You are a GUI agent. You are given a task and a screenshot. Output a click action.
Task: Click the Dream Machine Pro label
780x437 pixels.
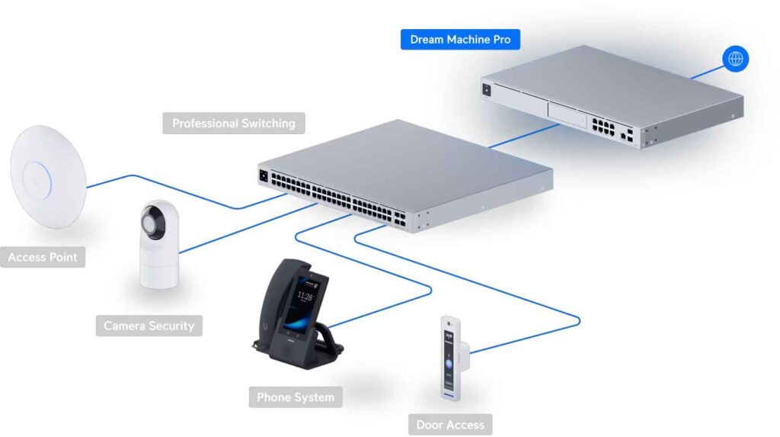[x=460, y=39]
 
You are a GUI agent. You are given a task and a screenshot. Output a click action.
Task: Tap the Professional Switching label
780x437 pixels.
[x=233, y=123]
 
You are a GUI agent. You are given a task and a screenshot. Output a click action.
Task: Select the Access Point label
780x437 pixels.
[x=43, y=257]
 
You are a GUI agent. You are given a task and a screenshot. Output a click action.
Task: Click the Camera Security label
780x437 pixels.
[x=149, y=326]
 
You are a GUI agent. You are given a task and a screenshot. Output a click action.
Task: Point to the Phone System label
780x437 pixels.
[x=295, y=397]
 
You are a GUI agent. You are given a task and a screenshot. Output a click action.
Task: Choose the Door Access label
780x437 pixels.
[x=449, y=425]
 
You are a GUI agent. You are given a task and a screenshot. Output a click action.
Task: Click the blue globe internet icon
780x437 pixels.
[x=736, y=59]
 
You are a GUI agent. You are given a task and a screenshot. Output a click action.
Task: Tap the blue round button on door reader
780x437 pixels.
[x=449, y=365]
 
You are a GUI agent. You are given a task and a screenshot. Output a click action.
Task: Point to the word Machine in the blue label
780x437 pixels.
[x=472, y=39]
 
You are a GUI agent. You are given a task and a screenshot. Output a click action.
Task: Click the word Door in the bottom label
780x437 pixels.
[x=431, y=425]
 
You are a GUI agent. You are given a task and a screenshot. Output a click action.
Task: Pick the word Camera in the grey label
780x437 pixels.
[x=125, y=326]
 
